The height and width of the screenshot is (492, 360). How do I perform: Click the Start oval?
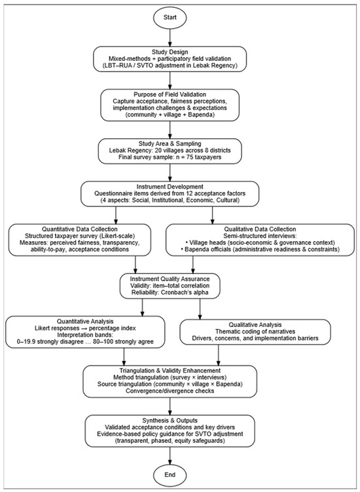pyautogui.click(x=170, y=18)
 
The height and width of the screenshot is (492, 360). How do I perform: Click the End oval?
pyautogui.click(x=170, y=475)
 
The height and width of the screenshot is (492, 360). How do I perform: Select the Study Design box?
pyautogui.click(x=170, y=59)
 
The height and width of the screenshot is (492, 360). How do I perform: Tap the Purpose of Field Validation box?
pyautogui.click(x=170, y=105)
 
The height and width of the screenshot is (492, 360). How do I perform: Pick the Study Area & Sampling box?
pyautogui.click(x=170, y=151)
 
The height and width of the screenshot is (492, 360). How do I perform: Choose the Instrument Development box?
pyautogui.click(x=170, y=194)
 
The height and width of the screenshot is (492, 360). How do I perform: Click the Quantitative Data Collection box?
pyautogui.click(x=80, y=239)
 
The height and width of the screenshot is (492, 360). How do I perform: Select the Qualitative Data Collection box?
pyautogui.click(x=260, y=239)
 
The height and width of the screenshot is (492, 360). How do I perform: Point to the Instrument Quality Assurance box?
pyautogui.click(x=170, y=286)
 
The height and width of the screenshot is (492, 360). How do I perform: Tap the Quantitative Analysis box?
pyautogui.click(x=85, y=331)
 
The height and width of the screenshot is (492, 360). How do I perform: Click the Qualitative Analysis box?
pyautogui.click(x=255, y=331)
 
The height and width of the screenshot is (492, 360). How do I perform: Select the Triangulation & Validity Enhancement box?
pyautogui.click(x=170, y=381)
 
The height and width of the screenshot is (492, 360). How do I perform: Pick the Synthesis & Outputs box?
pyautogui.click(x=170, y=430)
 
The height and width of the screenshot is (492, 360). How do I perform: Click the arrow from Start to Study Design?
pyautogui.click(x=170, y=37)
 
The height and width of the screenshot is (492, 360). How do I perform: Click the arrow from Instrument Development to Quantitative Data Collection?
pyautogui.click(x=116, y=215)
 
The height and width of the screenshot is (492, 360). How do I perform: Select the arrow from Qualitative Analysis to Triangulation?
pyautogui.click(x=219, y=355)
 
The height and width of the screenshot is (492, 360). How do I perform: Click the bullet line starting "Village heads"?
pyautogui.click(x=260, y=242)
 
